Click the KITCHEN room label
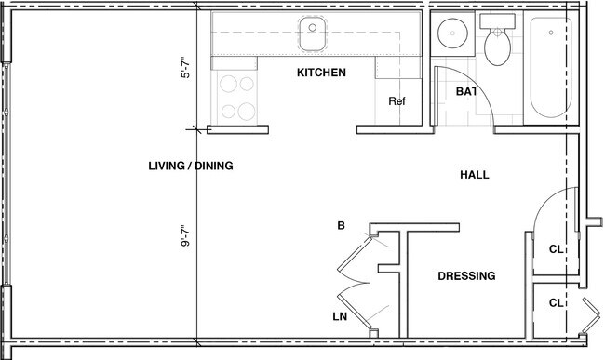pyautogui.click(x=321, y=73)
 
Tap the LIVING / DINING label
pyautogui.click(x=190, y=167)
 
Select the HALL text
pyautogui.click(x=474, y=175)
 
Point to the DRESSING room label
pyautogui.click(x=465, y=276)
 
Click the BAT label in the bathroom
pyautogui.click(x=466, y=92)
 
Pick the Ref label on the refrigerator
pyautogui.click(x=397, y=103)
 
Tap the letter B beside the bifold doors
pyautogui.click(x=342, y=226)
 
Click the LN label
pyautogui.click(x=341, y=317)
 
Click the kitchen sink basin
pyautogui.click(x=311, y=35)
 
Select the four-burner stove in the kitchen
pyautogui.click(x=237, y=98)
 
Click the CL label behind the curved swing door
pyautogui.click(x=556, y=249)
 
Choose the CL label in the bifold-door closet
pyautogui.click(x=556, y=303)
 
